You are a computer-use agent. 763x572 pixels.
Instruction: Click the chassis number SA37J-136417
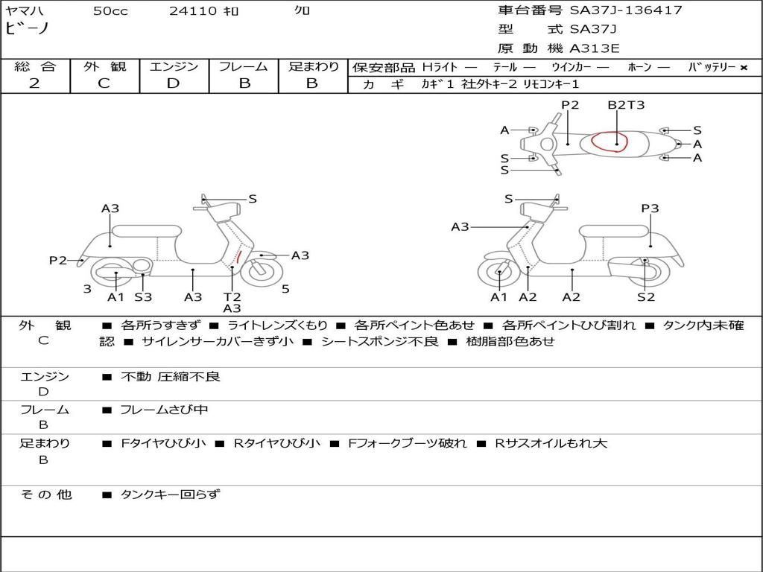pos(626,10)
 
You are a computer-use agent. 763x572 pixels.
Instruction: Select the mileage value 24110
pos(192,11)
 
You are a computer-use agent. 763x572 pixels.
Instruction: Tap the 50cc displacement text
pos(110,11)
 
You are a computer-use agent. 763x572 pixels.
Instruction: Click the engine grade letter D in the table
pos(173,83)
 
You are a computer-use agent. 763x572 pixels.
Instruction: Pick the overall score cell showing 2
pos(34,83)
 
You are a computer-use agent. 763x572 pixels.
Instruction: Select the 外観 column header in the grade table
pos(104,66)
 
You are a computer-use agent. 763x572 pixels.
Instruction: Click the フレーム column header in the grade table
pos(244,66)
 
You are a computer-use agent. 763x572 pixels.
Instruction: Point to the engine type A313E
pos(594,49)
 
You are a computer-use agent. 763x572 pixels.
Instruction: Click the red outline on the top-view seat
pos(610,142)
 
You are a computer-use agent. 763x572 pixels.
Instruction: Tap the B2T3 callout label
pos(626,105)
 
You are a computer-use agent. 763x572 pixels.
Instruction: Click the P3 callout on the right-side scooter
pos(650,209)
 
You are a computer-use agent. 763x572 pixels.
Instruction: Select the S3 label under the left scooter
pos(143,296)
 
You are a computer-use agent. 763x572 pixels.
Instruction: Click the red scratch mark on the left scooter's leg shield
pos(238,258)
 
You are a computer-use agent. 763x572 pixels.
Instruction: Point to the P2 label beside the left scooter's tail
pos(58,260)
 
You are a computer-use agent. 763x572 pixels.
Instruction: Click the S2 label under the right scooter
pos(645,296)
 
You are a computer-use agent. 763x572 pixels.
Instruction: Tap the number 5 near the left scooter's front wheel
pos(285,288)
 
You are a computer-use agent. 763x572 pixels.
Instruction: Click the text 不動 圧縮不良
pos(171,377)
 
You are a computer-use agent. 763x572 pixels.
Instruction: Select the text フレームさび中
pos(165,410)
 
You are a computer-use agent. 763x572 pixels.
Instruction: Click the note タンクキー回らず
pos(171,494)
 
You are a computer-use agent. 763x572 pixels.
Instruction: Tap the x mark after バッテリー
pos(744,67)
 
